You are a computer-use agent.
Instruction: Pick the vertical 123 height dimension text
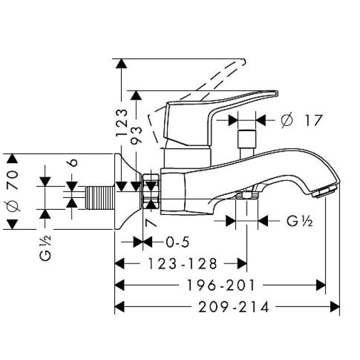[121, 122]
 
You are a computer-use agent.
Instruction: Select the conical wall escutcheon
[126, 193]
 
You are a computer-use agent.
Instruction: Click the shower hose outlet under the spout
[246, 196]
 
